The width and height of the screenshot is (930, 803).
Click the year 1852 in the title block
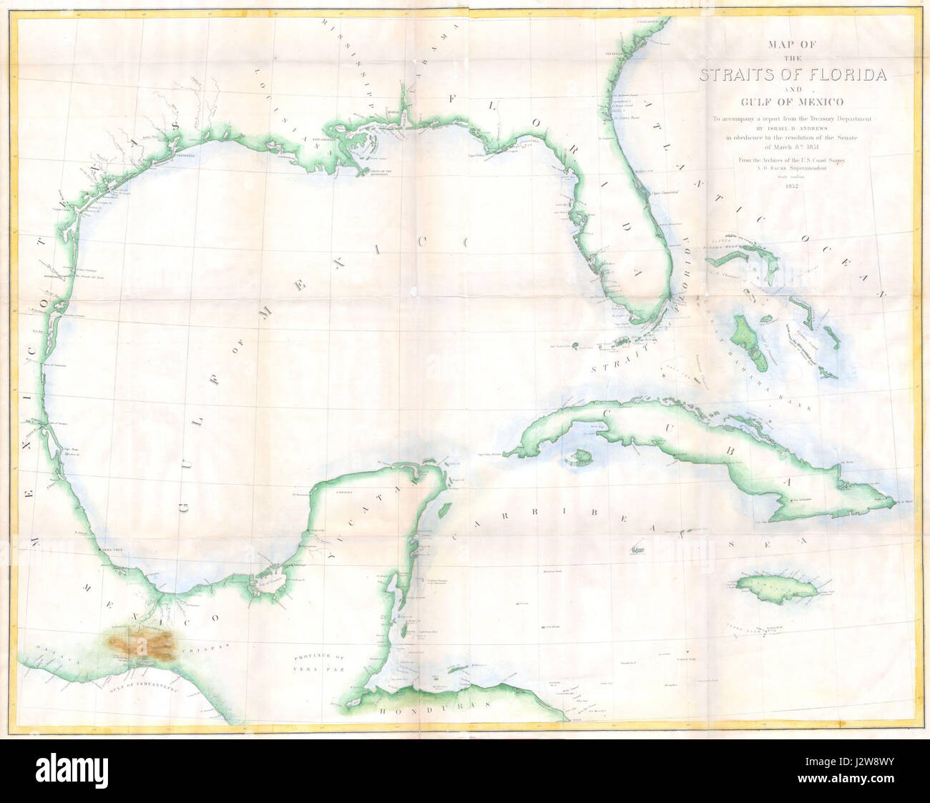[x=792, y=187]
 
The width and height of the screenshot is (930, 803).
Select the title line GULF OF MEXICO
[x=792, y=102]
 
